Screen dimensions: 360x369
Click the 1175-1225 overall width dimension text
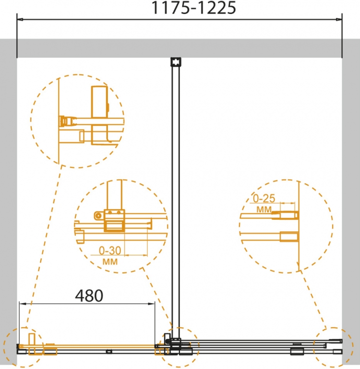[193, 8]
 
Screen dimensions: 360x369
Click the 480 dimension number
[89, 296]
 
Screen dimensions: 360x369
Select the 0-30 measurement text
[110, 250]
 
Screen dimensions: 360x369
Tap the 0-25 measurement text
[264, 199]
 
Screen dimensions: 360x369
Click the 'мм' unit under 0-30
[110, 262]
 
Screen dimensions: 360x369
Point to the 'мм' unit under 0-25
[264, 209]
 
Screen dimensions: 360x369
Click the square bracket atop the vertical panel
[176, 62]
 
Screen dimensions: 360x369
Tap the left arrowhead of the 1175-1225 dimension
[20, 20]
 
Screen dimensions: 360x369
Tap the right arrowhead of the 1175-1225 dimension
[339, 20]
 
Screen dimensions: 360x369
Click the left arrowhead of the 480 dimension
[23, 304]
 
